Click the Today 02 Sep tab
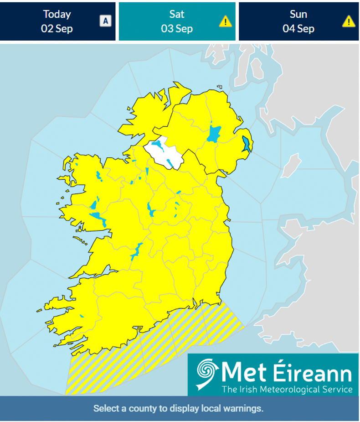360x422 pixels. (x=57, y=21)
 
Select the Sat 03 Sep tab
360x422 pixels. (x=177, y=21)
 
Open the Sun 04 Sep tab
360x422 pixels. (x=298, y=21)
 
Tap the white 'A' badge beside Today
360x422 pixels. (x=105, y=21)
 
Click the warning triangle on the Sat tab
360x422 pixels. (x=225, y=21)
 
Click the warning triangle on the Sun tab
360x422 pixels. (x=349, y=21)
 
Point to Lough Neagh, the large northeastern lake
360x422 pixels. (x=213, y=134)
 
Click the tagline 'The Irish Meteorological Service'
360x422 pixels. (x=287, y=389)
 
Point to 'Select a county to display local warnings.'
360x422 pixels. (x=178, y=408)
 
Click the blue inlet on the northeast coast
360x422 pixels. (x=247, y=144)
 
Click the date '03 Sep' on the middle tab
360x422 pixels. (x=177, y=28)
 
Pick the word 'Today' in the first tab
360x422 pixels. (x=57, y=14)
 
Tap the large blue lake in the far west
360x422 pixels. (x=98, y=219)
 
